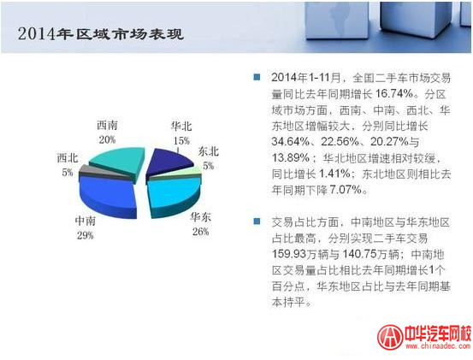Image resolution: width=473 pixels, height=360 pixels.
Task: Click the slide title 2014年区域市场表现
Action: click(101, 33)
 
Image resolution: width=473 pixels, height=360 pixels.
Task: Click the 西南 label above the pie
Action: click(107, 126)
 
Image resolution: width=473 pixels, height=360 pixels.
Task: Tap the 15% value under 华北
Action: click(181, 141)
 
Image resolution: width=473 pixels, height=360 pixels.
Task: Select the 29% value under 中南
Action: click(86, 235)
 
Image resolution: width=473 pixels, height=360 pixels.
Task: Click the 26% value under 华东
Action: click(201, 232)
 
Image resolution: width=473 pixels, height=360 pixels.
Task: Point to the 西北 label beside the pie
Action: click(68, 158)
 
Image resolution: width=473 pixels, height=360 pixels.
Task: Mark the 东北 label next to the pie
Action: click(209, 151)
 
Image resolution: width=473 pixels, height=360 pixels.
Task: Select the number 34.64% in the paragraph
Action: click(291, 141)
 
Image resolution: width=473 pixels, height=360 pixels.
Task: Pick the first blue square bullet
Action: click(257, 77)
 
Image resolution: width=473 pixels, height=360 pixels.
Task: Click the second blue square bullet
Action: click(257, 221)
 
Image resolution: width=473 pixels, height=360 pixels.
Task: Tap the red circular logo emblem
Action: click(390, 337)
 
